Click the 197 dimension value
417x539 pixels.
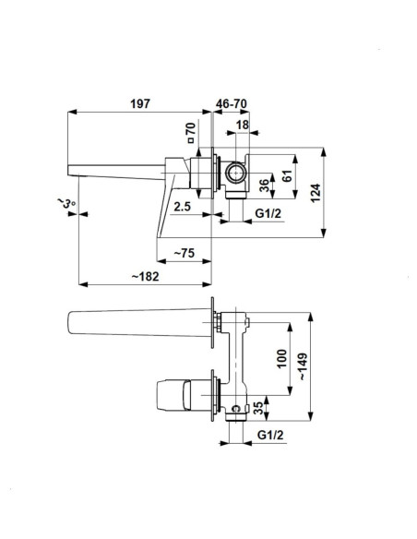(140, 103)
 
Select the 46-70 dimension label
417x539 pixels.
(232, 103)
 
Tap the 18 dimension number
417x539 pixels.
(243, 125)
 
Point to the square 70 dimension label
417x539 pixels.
(191, 132)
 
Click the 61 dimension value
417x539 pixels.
(287, 175)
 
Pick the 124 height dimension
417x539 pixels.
(316, 193)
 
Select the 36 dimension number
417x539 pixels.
(264, 186)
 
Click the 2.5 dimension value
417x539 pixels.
(182, 207)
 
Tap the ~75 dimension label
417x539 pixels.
(185, 253)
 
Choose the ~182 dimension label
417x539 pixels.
(145, 276)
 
